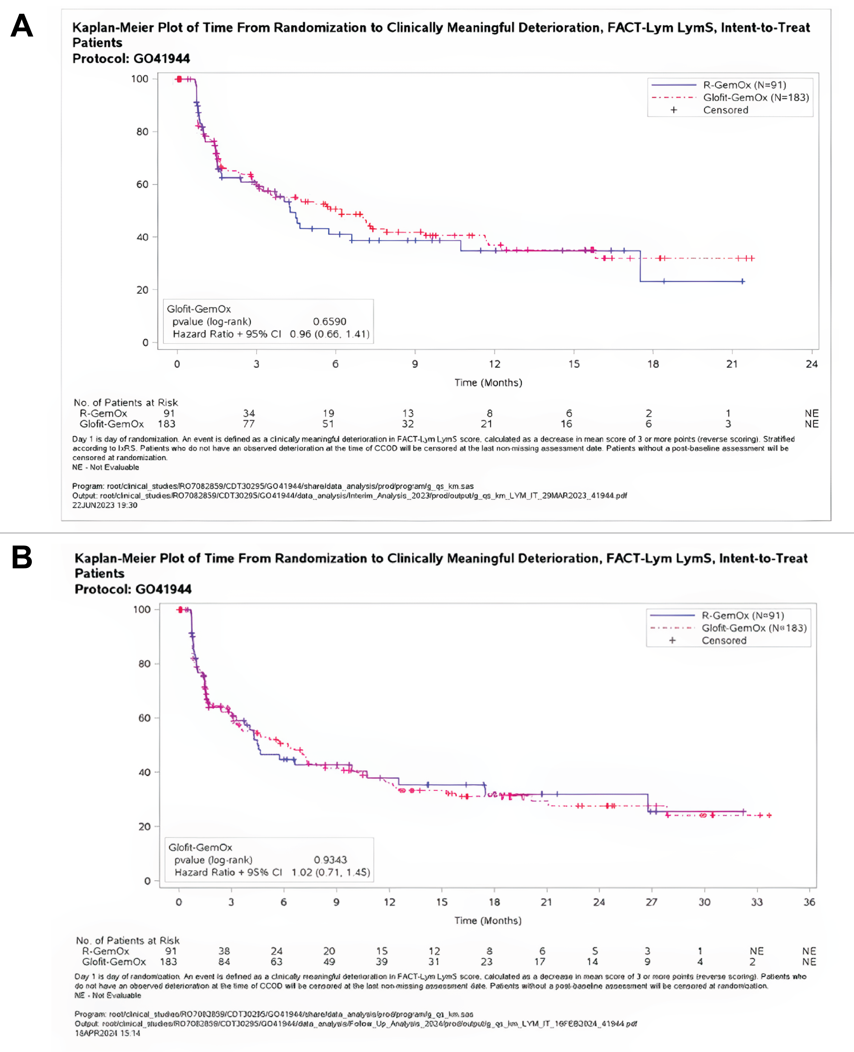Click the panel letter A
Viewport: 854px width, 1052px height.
click(22, 26)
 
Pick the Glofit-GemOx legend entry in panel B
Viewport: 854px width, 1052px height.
click(754, 628)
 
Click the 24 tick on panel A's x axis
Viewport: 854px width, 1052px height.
click(811, 364)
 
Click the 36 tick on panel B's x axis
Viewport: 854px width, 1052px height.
click(809, 902)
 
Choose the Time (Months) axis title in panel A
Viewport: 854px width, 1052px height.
click(488, 383)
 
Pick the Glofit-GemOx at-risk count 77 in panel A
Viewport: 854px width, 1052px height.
click(249, 424)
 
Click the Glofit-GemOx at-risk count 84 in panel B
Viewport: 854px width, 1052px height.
click(224, 961)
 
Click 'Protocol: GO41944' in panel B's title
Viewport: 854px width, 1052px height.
click(133, 589)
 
